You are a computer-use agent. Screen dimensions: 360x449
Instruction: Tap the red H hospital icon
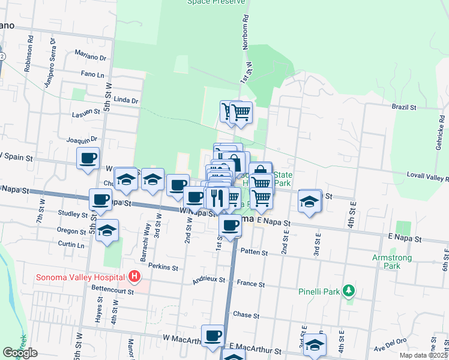[135, 277]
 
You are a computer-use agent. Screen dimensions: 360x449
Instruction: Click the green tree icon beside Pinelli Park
[348, 292]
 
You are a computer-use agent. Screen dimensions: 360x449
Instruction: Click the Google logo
[20, 353]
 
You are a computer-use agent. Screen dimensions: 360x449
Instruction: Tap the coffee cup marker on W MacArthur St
[212, 336]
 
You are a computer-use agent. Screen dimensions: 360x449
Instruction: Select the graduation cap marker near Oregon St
[107, 230]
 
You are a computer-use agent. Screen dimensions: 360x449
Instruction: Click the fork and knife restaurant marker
[217, 197]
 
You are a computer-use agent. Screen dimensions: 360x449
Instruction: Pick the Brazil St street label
[404, 107]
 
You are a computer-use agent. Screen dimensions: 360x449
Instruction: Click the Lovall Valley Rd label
[427, 179]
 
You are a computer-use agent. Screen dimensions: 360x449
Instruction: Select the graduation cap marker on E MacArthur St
[314, 344]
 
